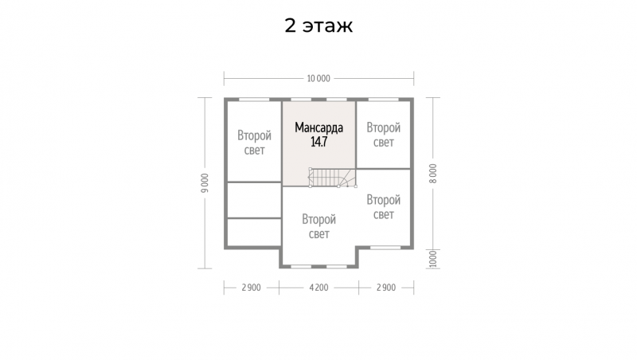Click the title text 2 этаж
(x=318, y=25)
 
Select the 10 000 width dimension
(x=318, y=78)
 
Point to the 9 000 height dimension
(x=205, y=183)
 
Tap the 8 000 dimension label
(x=433, y=174)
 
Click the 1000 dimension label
(x=433, y=259)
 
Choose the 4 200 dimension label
(x=319, y=288)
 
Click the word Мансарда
(x=319, y=127)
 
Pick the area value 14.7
(x=319, y=142)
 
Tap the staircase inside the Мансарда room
(x=332, y=178)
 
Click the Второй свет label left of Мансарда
(x=254, y=143)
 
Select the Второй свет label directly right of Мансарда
(x=384, y=135)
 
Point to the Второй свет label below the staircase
(x=319, y=227)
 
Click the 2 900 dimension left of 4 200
(x=251, y=288)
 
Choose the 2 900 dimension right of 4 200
(x=386, y=288)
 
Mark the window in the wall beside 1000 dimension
(x=385, y=247)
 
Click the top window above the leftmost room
(x=254, y=100)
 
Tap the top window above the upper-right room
(x=383, y=100)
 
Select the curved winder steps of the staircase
(x=347, y=178)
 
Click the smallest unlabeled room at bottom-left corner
(x=254, y=232)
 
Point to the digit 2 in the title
(x=290, y=25)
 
